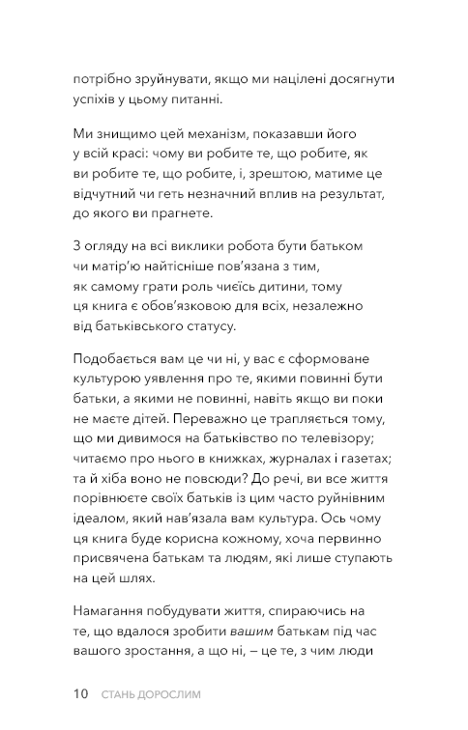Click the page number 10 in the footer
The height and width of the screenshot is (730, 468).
80,693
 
